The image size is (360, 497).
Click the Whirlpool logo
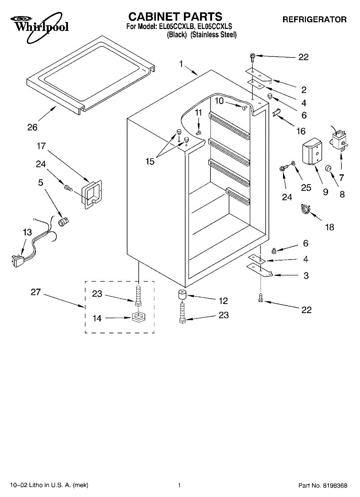(39, 27)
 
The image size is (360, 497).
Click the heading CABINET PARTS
(175, 17)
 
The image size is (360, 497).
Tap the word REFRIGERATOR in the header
(314, 19)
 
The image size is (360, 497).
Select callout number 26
(32, 127)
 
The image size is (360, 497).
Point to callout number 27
(36, 292)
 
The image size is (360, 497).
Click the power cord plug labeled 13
(18, 261)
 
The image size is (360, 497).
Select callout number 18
(330, 227)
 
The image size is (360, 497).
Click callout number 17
(41, 146)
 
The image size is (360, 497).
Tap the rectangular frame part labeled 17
(92, 194)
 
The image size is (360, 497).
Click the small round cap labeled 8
(328, 168)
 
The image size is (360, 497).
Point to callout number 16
(301, 131)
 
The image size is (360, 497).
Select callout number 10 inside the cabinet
(219, 101)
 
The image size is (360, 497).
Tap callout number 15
(150, 162)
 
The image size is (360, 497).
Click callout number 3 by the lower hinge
(306, 275)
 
